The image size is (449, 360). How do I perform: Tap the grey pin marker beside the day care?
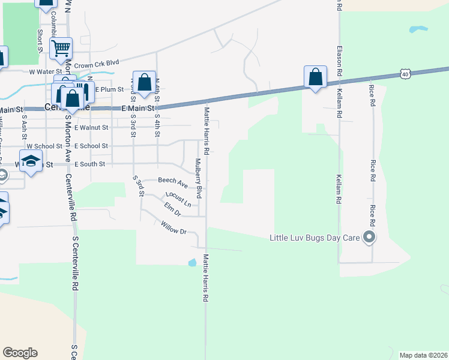(x=370, y=238)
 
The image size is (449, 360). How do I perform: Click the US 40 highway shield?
(x=405, y=74)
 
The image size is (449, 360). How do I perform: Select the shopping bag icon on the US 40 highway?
(x=315, y=77)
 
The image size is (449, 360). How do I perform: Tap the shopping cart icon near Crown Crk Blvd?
(x=61, y=48)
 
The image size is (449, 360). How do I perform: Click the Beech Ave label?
(x=172, y=180)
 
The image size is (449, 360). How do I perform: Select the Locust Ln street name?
(x=178, y=199)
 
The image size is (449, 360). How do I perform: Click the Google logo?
(x=20, y=353)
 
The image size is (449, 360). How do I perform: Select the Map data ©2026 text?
(x=423, y=355)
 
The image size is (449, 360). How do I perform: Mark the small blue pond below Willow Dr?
(x=191, y=262)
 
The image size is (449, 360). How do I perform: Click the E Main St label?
(x=139, y=109)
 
